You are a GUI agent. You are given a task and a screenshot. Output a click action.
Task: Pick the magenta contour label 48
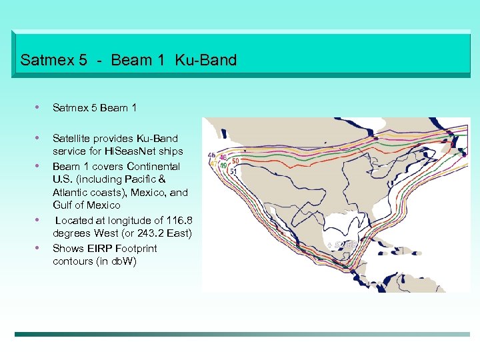pos(223,157)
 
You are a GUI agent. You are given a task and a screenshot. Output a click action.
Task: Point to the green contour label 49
pos(224,165)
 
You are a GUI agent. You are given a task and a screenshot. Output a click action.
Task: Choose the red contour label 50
pos(235,161)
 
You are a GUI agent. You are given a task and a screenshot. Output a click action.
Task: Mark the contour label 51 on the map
pos(233,171)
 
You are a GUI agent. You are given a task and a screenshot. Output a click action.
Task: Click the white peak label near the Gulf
pos(343,245)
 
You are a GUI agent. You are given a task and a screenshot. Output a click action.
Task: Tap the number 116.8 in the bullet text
pos(179,220)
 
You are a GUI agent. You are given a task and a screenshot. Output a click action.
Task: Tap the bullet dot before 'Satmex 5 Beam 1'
pos(38,107)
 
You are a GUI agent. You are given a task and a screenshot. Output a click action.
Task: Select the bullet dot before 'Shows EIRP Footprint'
pos(38,247)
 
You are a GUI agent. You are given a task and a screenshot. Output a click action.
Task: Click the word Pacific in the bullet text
pos(160,179)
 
